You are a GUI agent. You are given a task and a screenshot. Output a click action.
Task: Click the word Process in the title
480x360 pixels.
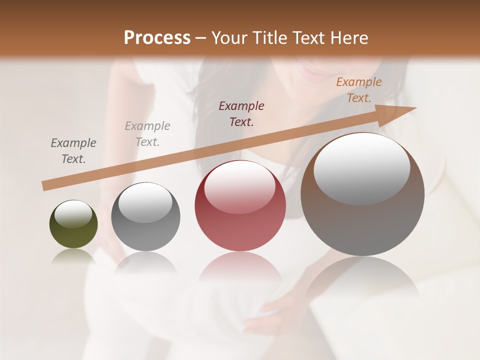pos(157,38)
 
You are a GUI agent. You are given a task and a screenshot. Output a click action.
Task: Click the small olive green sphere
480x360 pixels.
pos(73,224)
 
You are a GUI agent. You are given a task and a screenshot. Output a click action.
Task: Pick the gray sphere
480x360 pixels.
pos(145,217)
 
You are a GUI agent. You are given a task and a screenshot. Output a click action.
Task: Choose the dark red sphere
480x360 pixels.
pos(240,206)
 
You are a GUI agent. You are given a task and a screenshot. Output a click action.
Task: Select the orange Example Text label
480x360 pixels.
pos(358,90)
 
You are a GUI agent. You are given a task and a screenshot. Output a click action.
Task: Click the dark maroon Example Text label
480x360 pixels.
pos(241,114)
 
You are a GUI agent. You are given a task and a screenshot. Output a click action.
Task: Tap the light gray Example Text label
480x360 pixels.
pos(147,134)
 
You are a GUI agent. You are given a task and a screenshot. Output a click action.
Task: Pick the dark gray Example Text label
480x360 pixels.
pos(73,151)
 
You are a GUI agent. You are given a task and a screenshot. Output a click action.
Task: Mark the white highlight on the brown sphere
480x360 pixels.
pos(361,168)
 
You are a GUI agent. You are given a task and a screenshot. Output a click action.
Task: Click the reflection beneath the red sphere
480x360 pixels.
pos(240,270)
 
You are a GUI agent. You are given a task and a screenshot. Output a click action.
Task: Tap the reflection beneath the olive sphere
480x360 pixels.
pos(73,256)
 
